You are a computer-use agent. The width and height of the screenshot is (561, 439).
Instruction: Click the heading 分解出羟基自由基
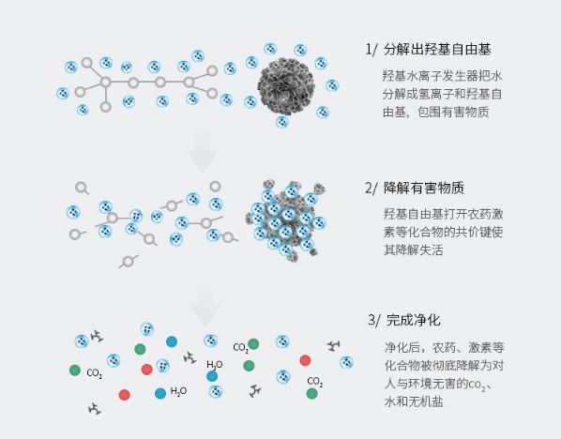[x=437, y=50]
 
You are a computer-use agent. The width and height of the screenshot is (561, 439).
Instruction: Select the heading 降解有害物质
[x=424, y=188]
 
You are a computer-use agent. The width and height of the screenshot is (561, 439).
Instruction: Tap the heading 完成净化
[x=413, y=320]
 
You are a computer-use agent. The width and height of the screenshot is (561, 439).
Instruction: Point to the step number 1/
[x=371, y=50]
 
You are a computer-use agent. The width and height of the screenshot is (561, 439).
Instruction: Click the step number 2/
[x=371, y=188]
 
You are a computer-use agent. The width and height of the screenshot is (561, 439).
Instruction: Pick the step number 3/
[x=374, y=320]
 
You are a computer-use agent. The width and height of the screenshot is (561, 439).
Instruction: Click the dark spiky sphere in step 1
[x=286, y=87]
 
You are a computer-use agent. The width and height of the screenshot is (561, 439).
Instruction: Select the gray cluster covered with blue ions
[x=285, y=220]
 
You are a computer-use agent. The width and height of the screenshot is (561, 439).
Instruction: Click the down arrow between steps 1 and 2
[x=203, y=151]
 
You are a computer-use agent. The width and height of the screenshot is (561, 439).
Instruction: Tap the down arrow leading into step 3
[x=205, y=309]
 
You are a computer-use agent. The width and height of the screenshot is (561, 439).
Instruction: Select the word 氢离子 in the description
[x=436, y=94]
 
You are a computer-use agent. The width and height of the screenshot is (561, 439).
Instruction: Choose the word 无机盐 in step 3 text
[x=426, y=401]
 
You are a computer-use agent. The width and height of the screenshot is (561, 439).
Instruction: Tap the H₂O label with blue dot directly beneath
[x=215, y=365]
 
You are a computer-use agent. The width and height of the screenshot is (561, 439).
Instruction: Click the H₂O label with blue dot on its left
[x=178, y=391]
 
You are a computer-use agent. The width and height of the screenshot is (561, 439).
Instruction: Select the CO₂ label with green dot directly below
[x=315, y=382]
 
